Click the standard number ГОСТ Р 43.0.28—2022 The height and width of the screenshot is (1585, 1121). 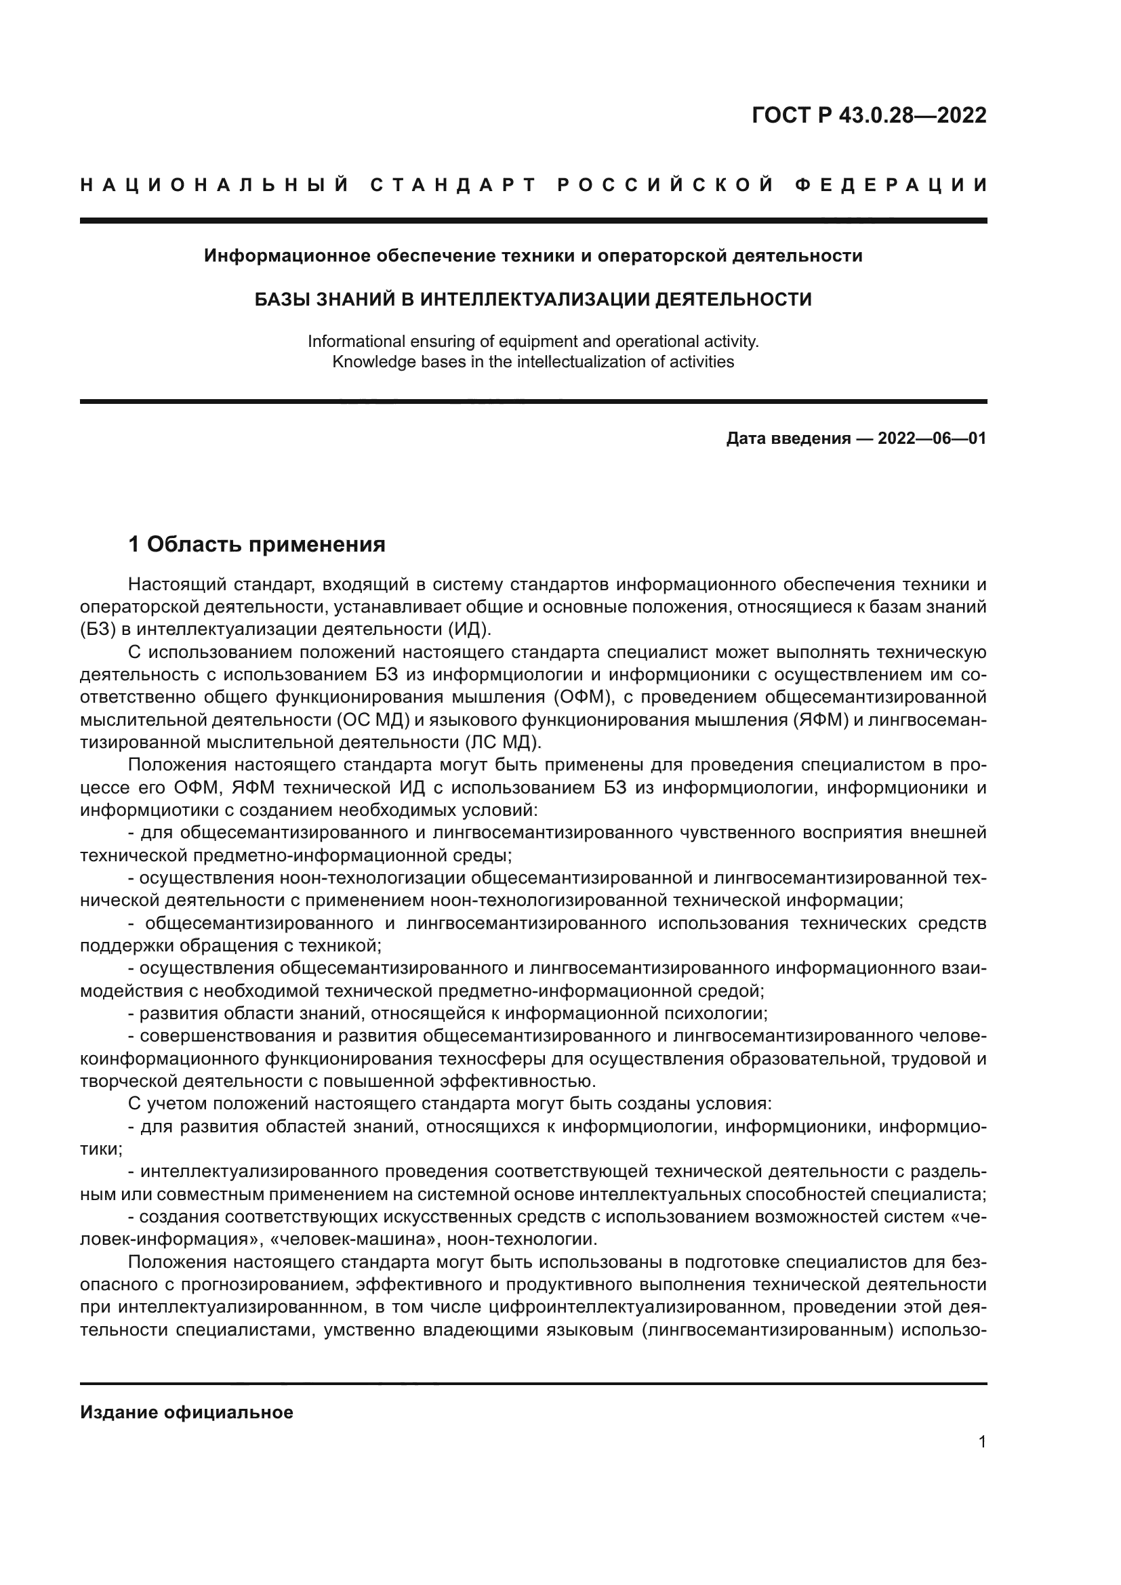pos(868,115)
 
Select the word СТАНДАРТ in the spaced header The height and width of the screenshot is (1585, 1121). pos(453,185)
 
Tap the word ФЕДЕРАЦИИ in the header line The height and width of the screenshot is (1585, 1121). pos(891,185)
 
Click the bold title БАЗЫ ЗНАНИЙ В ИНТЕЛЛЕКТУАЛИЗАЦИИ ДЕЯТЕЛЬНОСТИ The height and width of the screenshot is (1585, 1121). pos(533,300)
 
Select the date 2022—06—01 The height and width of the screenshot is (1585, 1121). pos(932,438)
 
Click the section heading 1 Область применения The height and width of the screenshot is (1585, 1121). pos(257,545)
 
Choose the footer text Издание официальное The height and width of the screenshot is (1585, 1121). pos(186,1412)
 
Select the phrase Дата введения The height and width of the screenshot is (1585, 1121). pos(788,438)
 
